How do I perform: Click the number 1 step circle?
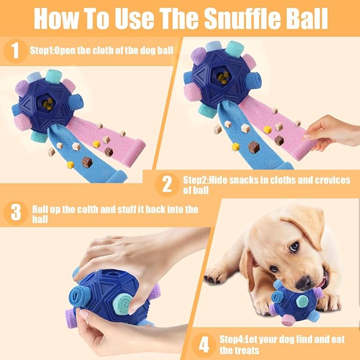pos(15,51)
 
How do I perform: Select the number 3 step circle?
pos(15,213)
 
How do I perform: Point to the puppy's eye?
pos(294,247)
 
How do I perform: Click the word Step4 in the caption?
pos(232,339)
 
